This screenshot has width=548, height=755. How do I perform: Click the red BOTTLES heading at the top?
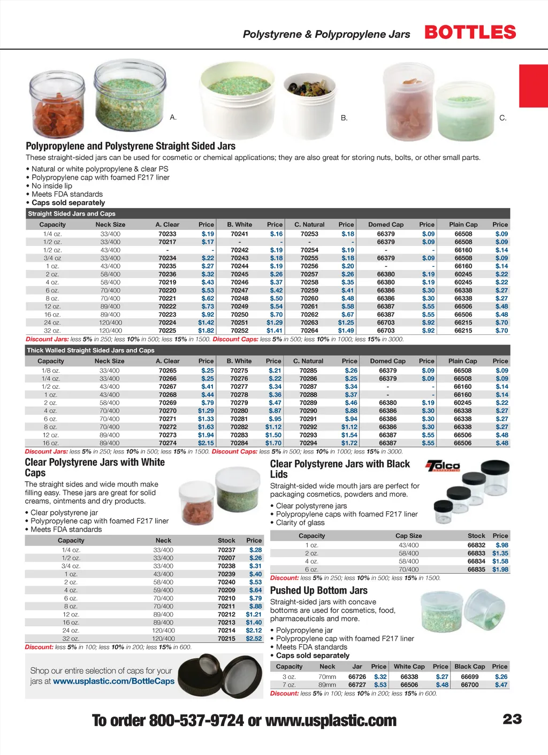click(470, 32)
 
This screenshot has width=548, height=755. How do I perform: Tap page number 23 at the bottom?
click(512, 719)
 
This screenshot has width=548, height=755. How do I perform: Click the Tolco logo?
click(443, 466)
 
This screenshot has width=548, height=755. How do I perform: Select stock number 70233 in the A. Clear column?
click(167, 234)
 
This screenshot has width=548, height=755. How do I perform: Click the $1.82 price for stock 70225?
click(206, 330)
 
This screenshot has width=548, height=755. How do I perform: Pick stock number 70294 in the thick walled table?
click(308, 443)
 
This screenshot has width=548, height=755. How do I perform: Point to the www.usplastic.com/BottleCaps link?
click(113, 681)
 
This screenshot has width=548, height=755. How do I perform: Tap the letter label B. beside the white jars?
click(344, 118)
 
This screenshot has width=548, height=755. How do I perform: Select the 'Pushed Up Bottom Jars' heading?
click(318, 590)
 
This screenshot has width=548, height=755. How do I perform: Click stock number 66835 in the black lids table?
click(476, 569)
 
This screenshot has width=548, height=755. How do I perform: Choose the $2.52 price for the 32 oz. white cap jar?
click(254, 638)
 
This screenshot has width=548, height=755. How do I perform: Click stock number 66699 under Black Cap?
click(469, 676)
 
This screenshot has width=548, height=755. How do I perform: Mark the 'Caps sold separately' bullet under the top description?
click(68, 203)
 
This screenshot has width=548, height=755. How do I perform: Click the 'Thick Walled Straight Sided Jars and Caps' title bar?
click(90, 350)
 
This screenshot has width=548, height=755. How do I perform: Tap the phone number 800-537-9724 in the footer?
click(196, 720)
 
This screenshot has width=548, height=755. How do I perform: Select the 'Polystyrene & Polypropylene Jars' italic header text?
click(326, 34)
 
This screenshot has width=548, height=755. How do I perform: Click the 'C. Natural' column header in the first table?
click(309, 225)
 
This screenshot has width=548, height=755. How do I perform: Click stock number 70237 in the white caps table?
click(226, 550)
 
